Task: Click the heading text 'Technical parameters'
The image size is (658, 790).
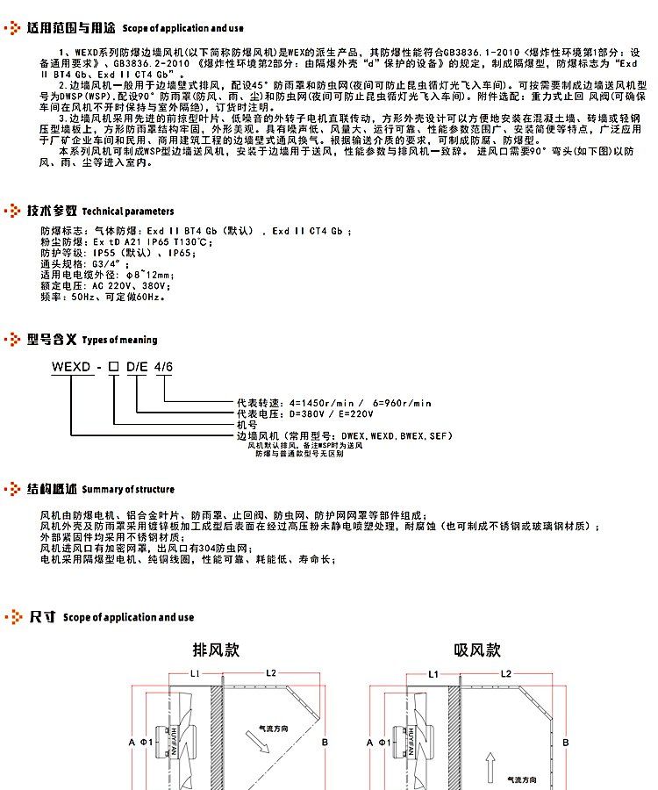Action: coord(128,212)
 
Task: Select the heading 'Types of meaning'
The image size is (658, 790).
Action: coord(119,340)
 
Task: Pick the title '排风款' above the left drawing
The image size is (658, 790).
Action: coord(216,650)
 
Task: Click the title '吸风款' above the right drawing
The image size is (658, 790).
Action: coord(477,650)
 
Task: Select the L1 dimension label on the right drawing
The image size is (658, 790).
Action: coord(433,673)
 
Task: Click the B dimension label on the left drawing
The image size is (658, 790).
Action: coord(325,743)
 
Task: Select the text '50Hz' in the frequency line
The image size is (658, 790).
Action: coord(82,297)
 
